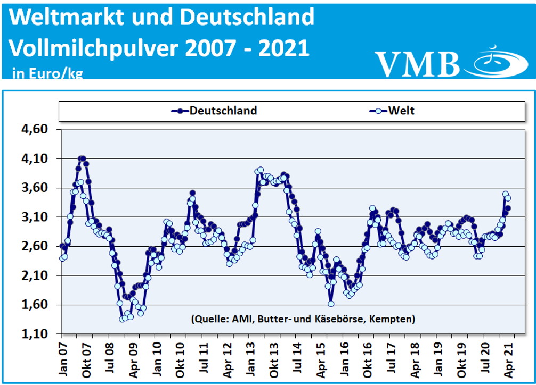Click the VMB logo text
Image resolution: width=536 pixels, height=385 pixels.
pos(417,64)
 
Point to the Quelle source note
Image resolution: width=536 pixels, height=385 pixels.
pos(302,319)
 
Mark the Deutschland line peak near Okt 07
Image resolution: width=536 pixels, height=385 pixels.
pos(81,158)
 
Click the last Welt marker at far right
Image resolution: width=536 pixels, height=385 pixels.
pos(508,198)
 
